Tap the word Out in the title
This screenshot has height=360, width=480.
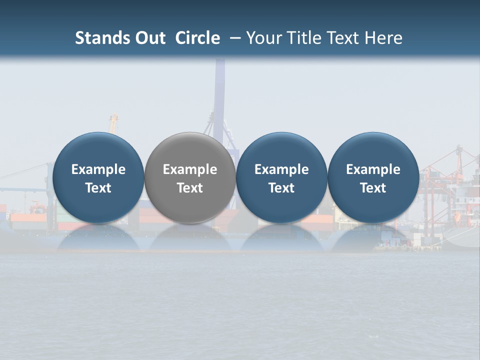pyautogui.click(x=149, y=38)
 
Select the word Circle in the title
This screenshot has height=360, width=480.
pyautogui.click(x=197, y=38)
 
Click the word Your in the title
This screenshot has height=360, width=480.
pyautogui.click(x=262, y=38)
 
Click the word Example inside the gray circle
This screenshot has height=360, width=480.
pyautogui.click(x=190, y=169)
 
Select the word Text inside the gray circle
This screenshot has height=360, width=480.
pyautogui.click(x=190, y=188)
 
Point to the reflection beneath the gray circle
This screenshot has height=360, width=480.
pyautogui.click(x=190, y=237)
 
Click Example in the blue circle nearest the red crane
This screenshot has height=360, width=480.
pyautogui.click(x=373, y=169)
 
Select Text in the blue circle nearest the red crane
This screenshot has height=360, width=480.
pyautogui.click(x=373, y=188)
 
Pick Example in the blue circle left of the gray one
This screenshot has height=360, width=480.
pyautogui.click(x=98, y=169)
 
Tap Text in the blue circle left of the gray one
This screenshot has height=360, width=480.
pyautogui.click(x=98, y=188)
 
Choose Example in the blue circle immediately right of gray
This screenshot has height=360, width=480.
pyautogui.click(x=281, y=169)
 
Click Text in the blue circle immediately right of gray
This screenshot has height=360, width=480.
pyautogui.click(x=281, y=188)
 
